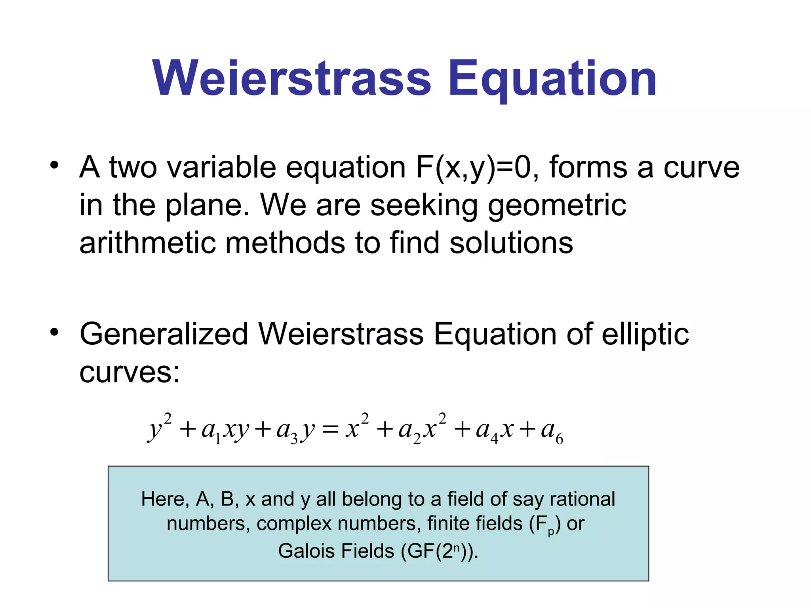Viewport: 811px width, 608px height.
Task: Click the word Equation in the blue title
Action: point(552,79)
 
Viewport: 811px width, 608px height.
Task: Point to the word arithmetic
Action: point(147,243)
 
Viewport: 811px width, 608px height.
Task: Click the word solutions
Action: point(511,243)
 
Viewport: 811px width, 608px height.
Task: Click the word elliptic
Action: point(645,334)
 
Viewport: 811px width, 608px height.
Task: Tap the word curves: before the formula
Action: point(129,372)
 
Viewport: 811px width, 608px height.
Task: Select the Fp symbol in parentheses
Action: point(545,524)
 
